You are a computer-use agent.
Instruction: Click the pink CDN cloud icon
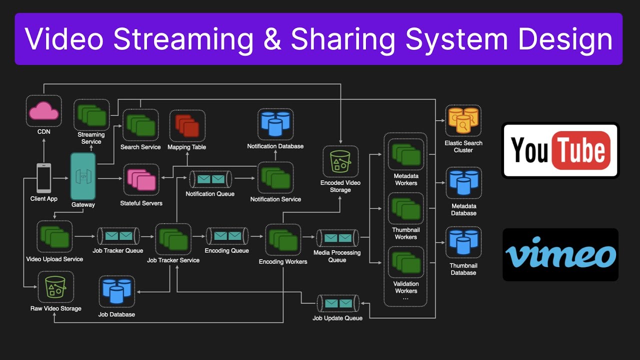[43, 111]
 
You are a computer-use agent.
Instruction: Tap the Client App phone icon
[43, 178]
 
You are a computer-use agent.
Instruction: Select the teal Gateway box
[82, 176]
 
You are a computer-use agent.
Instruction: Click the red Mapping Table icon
[187, 125]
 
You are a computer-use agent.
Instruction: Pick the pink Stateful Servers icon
[141, 180]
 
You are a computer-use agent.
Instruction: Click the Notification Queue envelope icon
[210, 179]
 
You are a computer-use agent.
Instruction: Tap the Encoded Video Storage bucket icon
[340, 162]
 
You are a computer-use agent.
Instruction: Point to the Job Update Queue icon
[338, 303]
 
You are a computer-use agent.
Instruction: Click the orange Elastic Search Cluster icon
[463, 120]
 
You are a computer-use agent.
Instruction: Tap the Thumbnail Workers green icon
[405, 210]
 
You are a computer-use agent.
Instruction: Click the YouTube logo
[560, 150]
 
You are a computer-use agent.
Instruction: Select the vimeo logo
[560, 254]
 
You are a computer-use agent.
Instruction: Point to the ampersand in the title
[272, 39]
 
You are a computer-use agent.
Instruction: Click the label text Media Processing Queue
[337, 256]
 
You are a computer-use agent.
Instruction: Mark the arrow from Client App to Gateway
[60, 178]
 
